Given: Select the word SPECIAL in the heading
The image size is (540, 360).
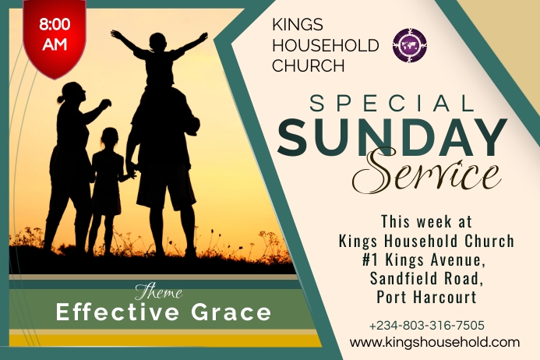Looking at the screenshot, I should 391,104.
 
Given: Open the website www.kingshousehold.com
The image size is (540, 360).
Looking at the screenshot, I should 434,342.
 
